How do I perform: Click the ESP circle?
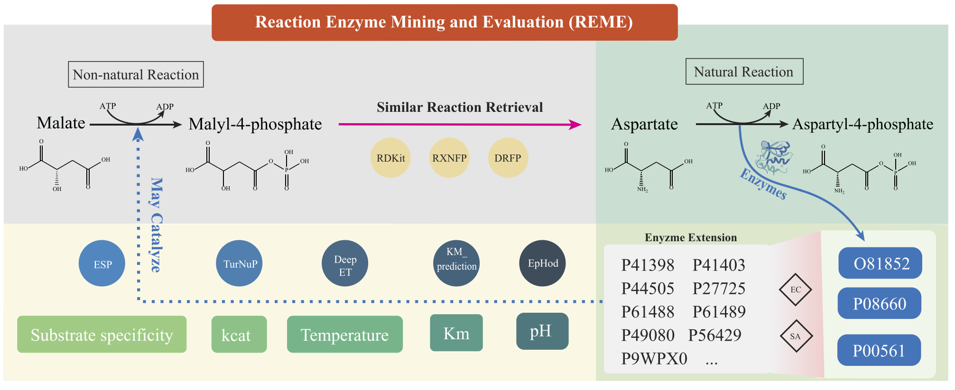(102, 263)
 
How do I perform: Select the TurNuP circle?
(240, 263)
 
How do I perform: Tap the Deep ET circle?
(345, 264)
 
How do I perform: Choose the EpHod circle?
(543, 263)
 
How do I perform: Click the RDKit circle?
(390, 158)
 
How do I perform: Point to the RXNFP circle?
(449, 158)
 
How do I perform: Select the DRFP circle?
(508, 158)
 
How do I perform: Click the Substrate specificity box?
(102, 335)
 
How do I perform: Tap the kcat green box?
(239, 335)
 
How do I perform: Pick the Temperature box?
(345, 335)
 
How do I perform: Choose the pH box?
(542, 331)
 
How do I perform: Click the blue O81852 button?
(880, 263)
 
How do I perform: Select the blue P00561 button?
(879, 350)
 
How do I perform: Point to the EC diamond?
(796, 290)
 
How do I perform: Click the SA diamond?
(796, 336)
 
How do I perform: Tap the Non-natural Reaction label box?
(136, 74)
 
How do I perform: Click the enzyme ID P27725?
(719, 288)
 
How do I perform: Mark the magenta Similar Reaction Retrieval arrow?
(460, 125)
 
